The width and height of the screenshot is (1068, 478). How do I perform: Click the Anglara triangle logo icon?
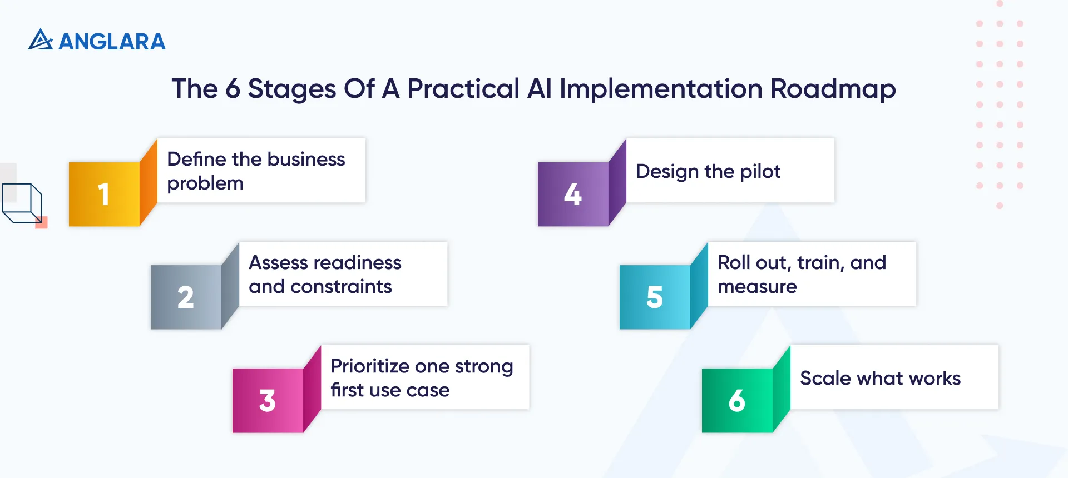click(40, 40)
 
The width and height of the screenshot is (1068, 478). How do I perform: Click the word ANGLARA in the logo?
click(112, 42)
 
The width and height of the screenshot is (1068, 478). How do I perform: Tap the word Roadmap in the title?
click(833, 89)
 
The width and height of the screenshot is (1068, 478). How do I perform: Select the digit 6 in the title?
click(233, 89)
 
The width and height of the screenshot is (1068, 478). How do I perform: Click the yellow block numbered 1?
click(104, 195)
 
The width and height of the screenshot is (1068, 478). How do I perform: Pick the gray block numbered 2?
click(186, 297)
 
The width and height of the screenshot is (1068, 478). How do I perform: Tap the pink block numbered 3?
click(268, 401)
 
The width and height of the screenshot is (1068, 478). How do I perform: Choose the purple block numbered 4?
click(573, 195)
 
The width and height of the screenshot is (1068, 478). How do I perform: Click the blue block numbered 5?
click(655, 297)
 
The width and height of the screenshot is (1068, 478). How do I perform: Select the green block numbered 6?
click(737, 401)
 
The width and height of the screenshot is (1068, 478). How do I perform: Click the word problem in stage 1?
click(205, 183)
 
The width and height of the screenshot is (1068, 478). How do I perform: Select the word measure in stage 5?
click(757, 287)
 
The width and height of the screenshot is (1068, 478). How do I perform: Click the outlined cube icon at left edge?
click(22, 203)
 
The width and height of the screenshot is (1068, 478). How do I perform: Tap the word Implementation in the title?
click(660, 89)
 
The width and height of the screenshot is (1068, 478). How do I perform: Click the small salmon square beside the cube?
click(42, 223)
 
